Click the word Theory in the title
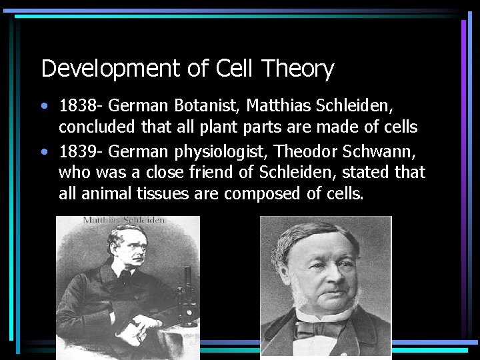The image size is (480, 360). (297, 69)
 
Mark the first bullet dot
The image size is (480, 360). (44, 106)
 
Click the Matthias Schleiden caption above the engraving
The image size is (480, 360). (124, 221)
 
